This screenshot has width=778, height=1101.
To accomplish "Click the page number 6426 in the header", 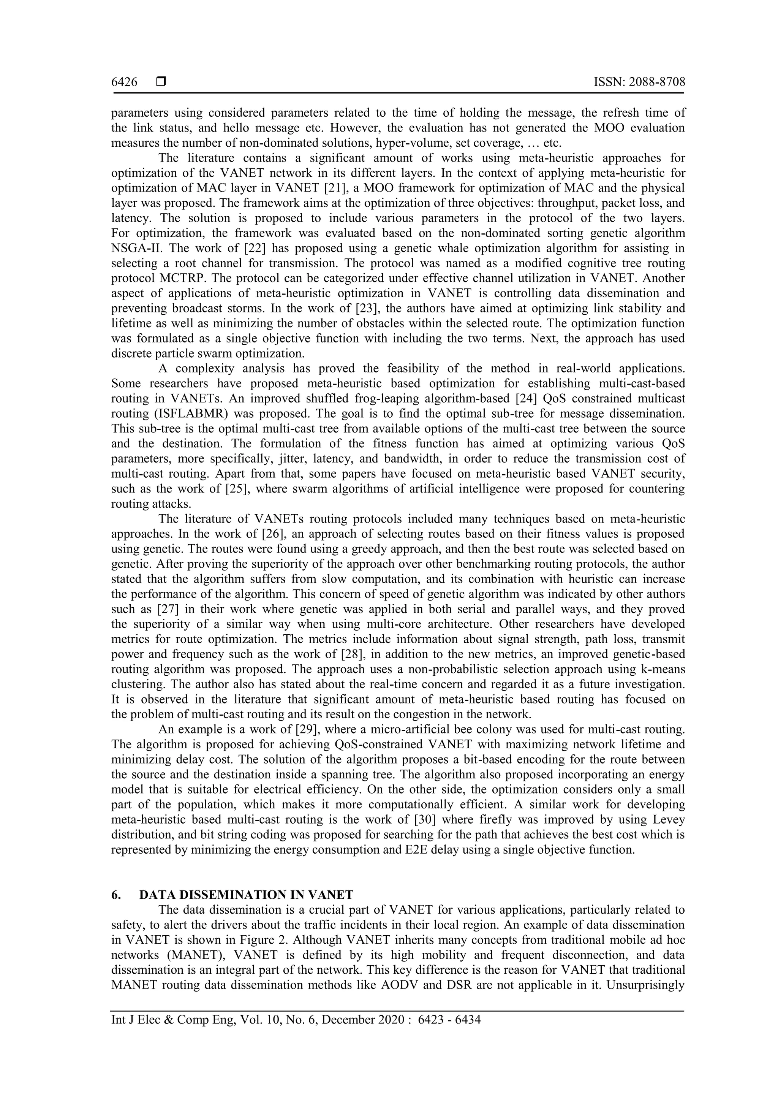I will click(124, 82).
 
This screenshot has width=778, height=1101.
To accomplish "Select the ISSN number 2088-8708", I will click(655, 82).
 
